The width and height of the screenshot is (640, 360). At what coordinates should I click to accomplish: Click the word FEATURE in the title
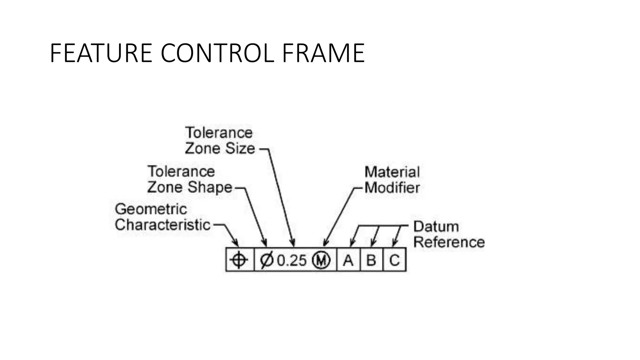point(101,53)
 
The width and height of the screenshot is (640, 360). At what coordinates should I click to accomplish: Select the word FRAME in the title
point(323,53)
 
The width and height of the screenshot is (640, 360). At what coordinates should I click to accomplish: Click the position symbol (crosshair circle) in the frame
point(239,260)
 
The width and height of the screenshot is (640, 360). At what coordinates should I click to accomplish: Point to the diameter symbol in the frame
point(267,260)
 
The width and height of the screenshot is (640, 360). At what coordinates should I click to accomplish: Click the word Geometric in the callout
point(151,209)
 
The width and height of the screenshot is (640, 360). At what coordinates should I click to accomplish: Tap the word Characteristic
point(162,225)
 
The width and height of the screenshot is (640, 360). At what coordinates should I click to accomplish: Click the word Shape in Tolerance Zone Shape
point(210,187)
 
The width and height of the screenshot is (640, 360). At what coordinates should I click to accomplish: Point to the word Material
point(392,172)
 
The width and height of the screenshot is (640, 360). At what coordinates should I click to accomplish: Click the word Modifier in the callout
point(392,188)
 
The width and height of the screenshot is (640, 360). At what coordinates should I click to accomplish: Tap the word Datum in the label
point(436,227)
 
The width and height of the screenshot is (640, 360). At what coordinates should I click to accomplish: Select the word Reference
point(449,242)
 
